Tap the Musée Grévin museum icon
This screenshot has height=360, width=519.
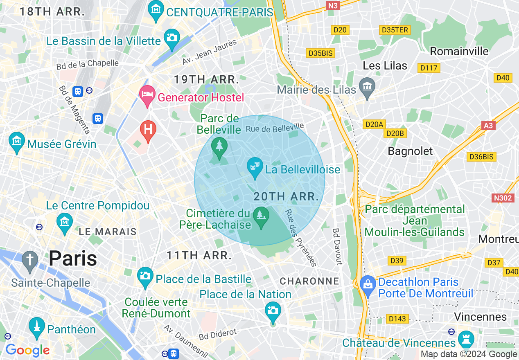[x=17, y=142]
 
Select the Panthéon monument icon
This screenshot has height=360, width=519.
[x=37, y=327]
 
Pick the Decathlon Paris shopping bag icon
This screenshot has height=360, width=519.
[x=368, y=285]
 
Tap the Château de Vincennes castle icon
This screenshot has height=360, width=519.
[x=466, y=340]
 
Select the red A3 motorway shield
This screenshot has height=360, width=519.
[x=488, y=126]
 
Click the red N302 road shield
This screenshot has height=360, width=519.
[x=503, y=198]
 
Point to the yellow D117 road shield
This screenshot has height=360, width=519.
[x=429, y=68]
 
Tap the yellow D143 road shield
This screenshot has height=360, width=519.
[x=397, y=318]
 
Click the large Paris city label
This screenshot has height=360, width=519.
[x=73, y=259]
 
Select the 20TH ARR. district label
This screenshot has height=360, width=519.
[x=286, y=197]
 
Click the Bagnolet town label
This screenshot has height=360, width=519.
[x=410, y=151]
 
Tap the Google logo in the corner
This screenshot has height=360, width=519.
[x=27, y=350]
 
